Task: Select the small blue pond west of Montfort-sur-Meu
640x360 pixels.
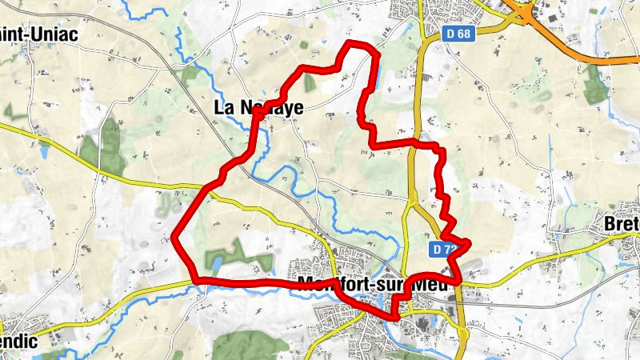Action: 214,262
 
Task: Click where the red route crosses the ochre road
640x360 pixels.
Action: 415,143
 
